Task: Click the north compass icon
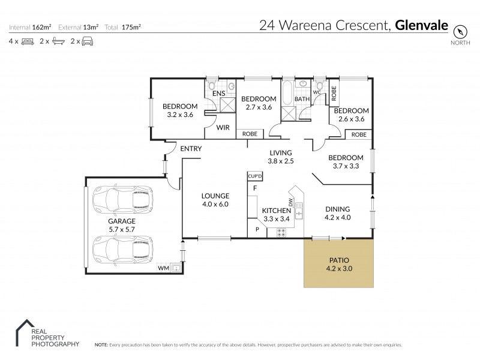[x=460, y=31]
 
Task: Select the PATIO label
[x=339, y=260]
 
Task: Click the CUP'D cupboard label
[x=254, y=176]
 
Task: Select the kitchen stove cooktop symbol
[x=281, y=231]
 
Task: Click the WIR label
[x=223, y=127]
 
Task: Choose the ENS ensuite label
[x=219, y=94]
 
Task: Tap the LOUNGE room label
[x=215, y=196]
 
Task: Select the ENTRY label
[x=190, y=149]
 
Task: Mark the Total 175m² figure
[x=124, y=27]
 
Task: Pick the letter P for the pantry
[x=257, y=229]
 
